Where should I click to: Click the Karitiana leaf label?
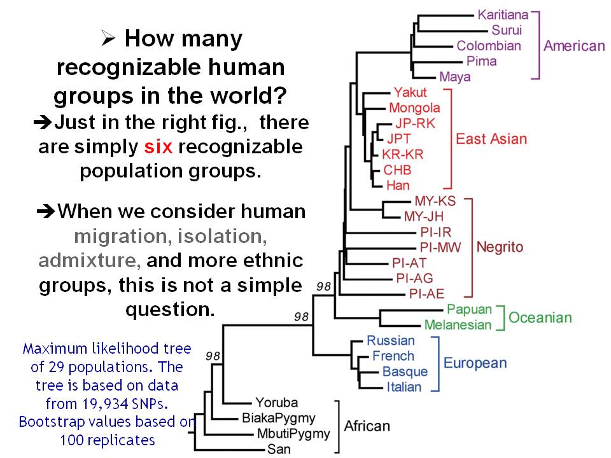pos(503,15)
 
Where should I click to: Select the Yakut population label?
pos(410,92)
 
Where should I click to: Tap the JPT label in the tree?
pos(398,139)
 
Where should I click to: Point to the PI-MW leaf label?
pos(440,247)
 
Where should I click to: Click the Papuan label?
pos(469,309)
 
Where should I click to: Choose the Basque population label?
pos(405,371)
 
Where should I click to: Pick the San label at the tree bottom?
pos(279,449)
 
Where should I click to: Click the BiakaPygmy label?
pos(279,419)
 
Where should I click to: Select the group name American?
pos(574,46)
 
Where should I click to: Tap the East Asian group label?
pos(491,139)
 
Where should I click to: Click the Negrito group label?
pos(500,247)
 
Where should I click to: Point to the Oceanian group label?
pos(540,318)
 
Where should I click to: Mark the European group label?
pos(475,363)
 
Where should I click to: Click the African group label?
pos(367,426)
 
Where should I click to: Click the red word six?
pos(158,147)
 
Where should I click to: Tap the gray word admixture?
pos(90,261)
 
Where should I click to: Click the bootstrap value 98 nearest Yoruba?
pos(213,356)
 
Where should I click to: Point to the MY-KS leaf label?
pos(435,201)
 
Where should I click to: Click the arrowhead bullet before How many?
pos(108,39)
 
